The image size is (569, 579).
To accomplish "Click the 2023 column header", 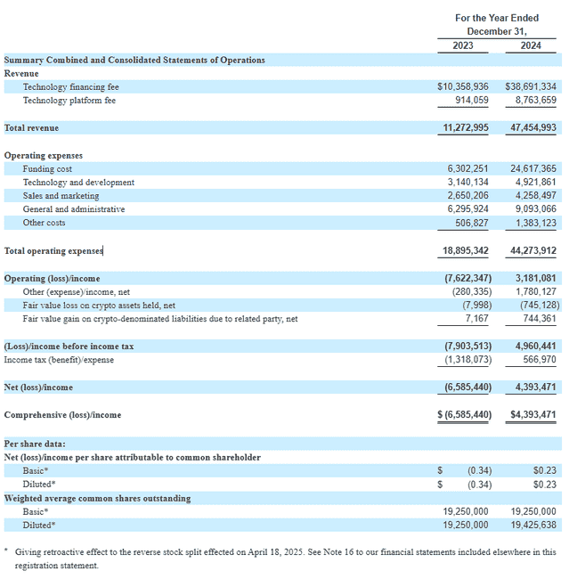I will click(464, 45).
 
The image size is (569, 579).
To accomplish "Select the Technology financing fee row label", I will click(70, 87).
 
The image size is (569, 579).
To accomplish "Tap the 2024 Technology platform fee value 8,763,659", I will click(530, 101).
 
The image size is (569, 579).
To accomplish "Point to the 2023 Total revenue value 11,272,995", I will click(466, 128).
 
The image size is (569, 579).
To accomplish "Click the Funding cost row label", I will click(47, 168).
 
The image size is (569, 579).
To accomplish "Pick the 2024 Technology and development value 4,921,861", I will click(530, 183).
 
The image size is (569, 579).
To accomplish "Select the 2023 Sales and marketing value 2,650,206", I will click(466, 196).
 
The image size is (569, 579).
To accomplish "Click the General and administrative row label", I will click(74, 209).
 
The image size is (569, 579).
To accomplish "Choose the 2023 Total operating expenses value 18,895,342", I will click(466, 251).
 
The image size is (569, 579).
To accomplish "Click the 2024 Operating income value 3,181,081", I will click(532, 279).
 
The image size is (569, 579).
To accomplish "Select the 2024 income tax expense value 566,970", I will click(535, 360).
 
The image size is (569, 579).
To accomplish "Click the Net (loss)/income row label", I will click(38, 387).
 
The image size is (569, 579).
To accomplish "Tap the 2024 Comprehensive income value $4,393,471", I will click(532, 415).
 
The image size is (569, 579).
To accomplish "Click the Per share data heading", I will click(35, 444).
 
